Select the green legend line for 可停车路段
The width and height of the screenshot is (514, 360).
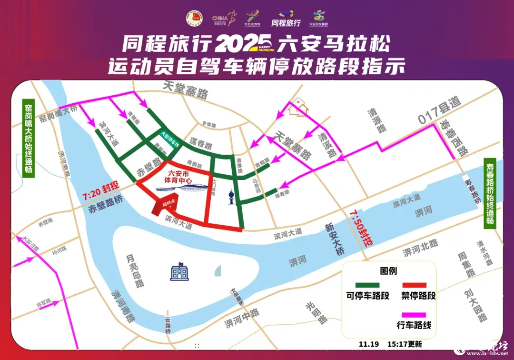click(x=367, y=284)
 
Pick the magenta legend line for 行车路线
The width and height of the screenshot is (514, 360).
click(x=414, y=315)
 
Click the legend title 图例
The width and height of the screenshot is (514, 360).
click(x=389, y=271)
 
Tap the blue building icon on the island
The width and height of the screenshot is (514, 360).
click(x=179, y=272)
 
